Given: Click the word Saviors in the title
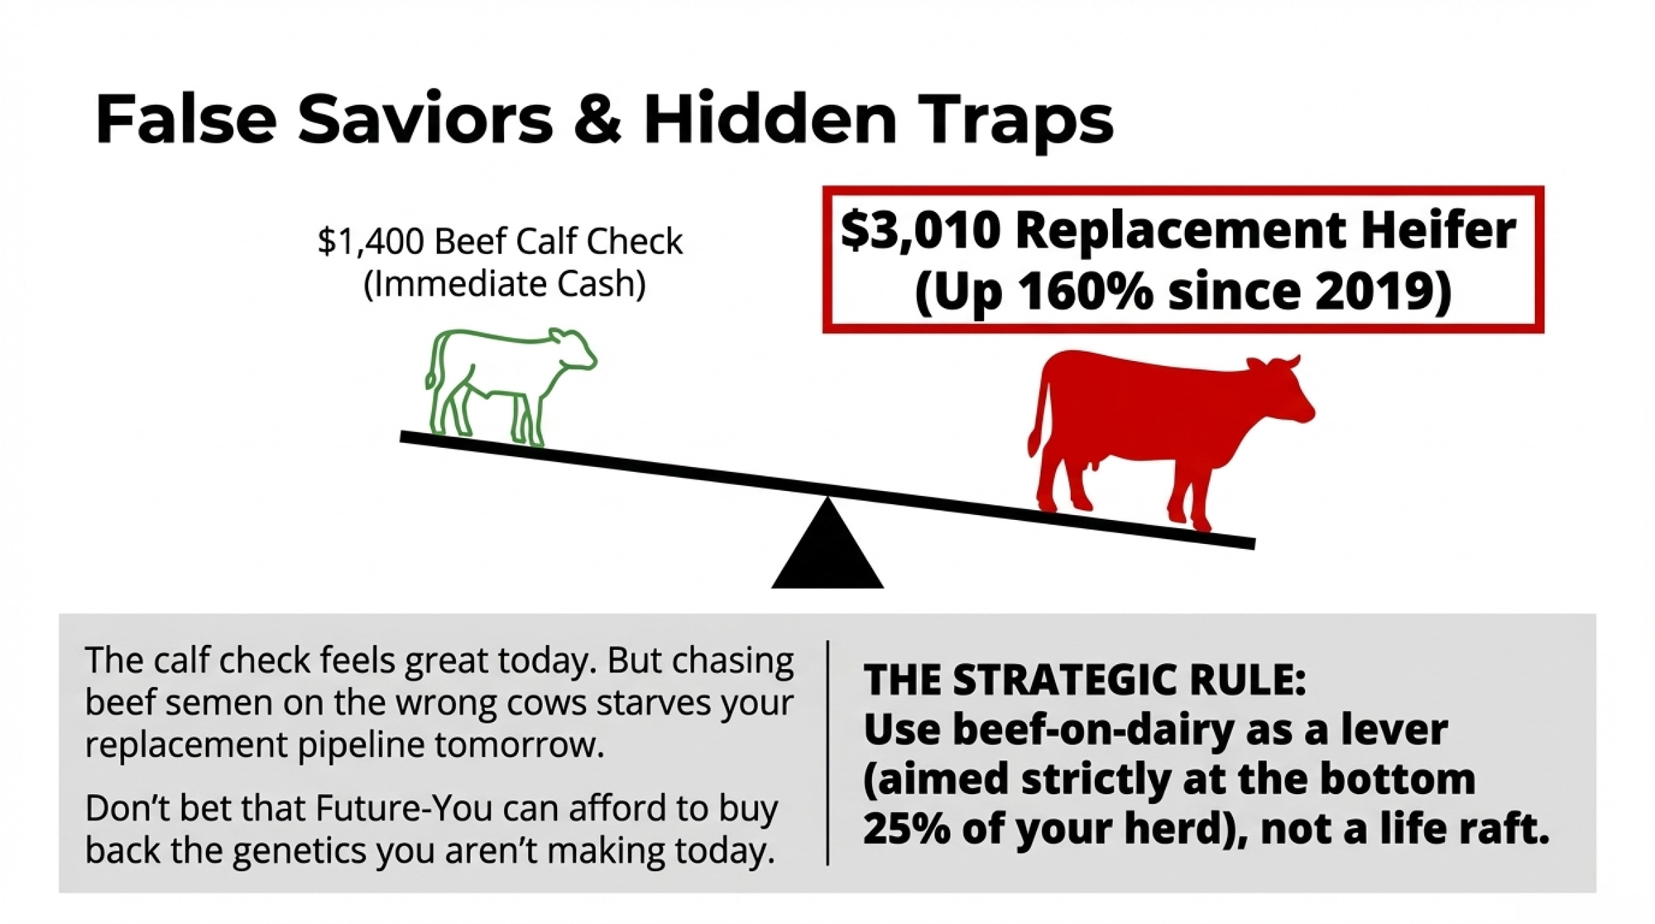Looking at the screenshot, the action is tap(425, 119).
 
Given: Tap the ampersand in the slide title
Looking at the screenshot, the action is tap(597, 119).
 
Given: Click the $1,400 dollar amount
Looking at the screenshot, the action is tap(371, 242).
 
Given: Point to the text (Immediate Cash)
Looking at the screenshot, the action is tap(504, 284).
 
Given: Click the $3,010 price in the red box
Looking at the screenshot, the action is tap(920, 230).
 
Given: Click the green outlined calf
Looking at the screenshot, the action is tap(510, 385).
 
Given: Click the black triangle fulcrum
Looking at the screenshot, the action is tap(827, 546).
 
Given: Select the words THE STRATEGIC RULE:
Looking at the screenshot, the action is tap(1085, 680).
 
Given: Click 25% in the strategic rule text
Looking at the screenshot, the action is tap(907, 828).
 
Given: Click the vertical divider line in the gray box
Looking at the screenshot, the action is tap(827, 753).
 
